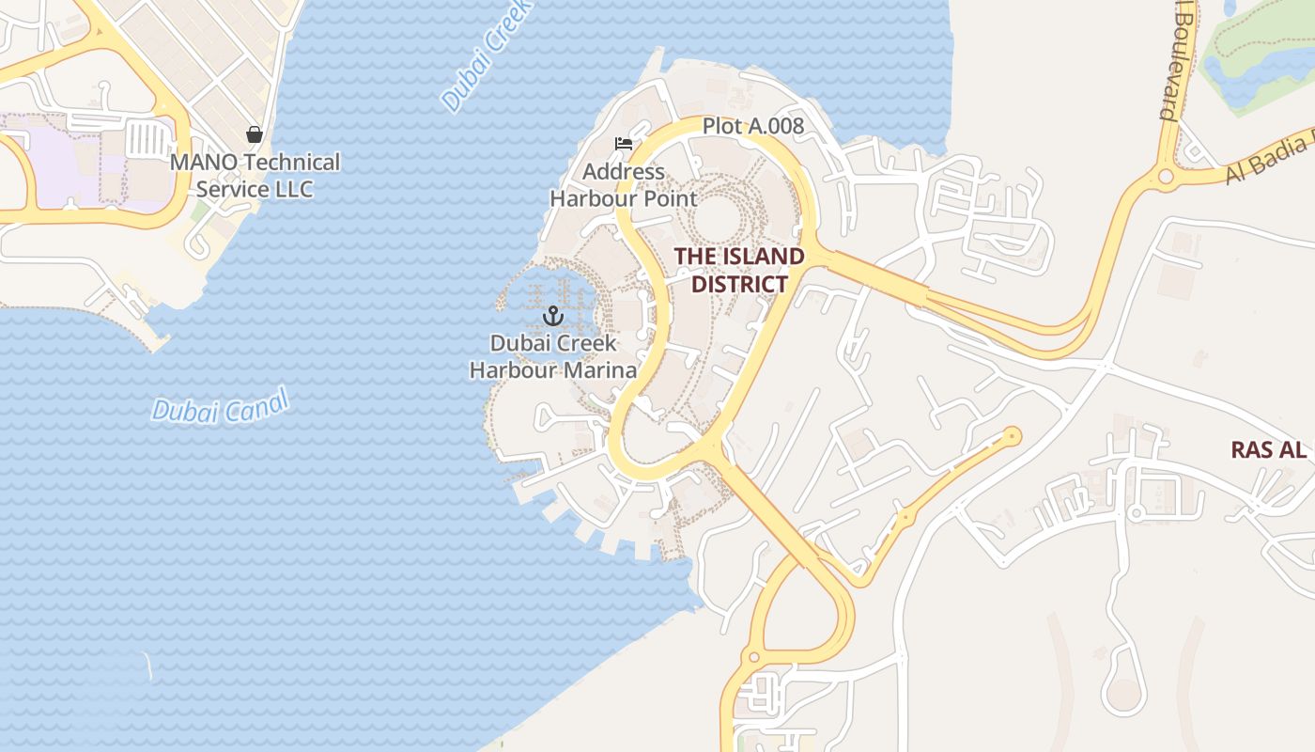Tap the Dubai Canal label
[221, 407]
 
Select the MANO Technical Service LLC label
[255, 176]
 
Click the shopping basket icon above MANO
[254, 134]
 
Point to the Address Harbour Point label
[624, 185]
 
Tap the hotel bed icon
[623, 144]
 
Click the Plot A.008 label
[753, 126]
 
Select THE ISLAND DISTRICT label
[739, 270]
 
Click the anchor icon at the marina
[552, 316]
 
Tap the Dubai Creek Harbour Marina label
[553, 356]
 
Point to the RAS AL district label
[1268, 450]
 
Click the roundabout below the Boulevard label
[1166, 176]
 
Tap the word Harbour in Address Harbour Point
[590, 198]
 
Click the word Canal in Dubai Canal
[255, 402]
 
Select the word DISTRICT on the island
[739, 284]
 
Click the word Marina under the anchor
[602, 369]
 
